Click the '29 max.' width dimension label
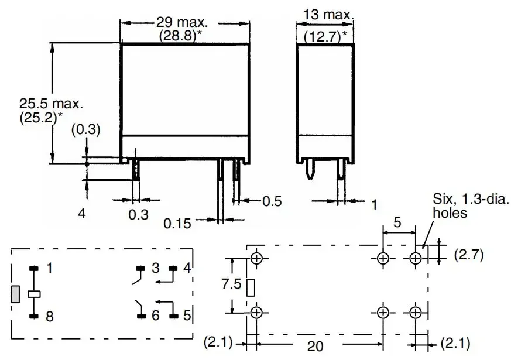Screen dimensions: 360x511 (182, 23)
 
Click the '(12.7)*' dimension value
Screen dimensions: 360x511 (325, 36)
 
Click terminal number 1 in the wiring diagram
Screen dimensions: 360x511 (49, 268)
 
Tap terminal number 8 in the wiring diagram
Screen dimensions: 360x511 (49, 317)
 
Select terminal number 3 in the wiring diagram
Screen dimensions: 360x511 (155, 268)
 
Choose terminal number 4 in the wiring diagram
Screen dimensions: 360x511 (186, 268)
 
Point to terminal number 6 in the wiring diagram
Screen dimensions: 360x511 (155, 316)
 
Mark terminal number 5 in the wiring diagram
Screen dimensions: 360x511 (186, 316)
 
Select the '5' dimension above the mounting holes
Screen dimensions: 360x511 (398, 223)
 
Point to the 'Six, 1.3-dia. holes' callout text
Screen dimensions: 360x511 (471, 206)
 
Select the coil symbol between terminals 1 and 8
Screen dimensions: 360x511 (34, 293)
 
